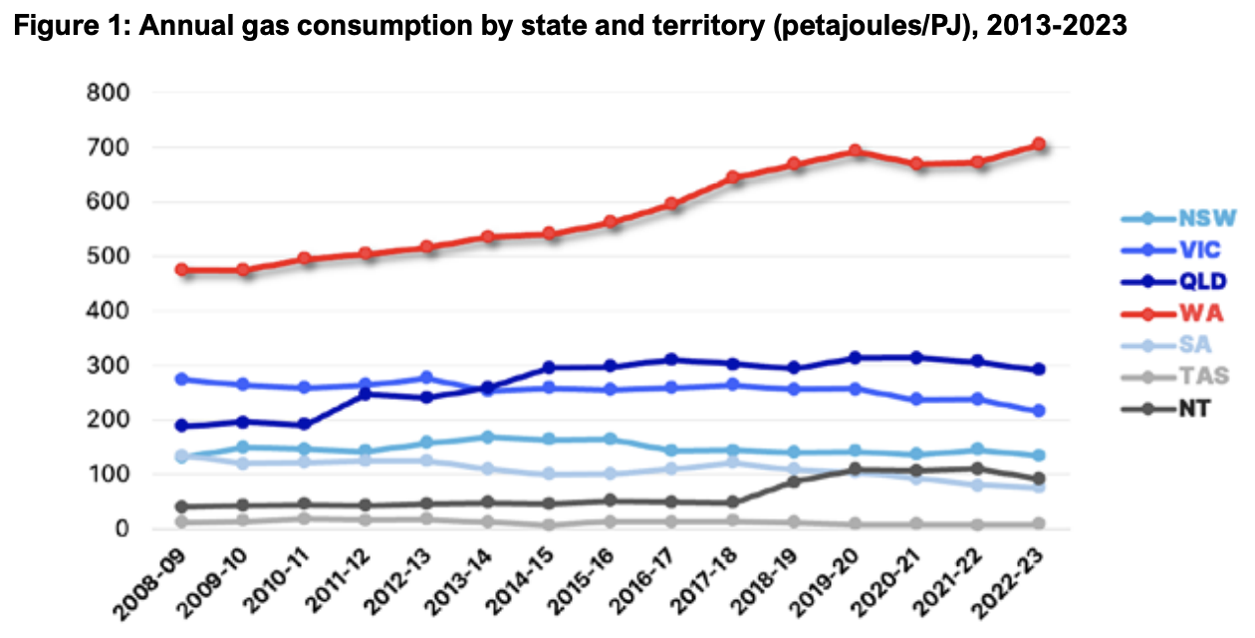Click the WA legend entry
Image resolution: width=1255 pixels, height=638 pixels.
pos(1175,314)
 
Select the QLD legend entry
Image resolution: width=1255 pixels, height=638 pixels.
pos(1175,281)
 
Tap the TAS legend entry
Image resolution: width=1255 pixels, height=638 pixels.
pos(1175,376)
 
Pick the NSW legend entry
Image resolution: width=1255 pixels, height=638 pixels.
pos(1175,218)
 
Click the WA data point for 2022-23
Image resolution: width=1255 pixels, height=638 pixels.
pos(1038,145)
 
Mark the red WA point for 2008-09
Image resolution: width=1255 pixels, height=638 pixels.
pos(181,269)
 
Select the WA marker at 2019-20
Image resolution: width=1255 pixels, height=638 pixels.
pos(855,151)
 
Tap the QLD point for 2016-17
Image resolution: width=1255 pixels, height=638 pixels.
pos(671,360)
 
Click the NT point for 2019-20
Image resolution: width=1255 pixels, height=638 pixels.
pos(855,469)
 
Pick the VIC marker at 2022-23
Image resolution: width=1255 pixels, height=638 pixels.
pos(1038,411)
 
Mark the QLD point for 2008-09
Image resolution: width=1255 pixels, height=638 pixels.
pos(181,426)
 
